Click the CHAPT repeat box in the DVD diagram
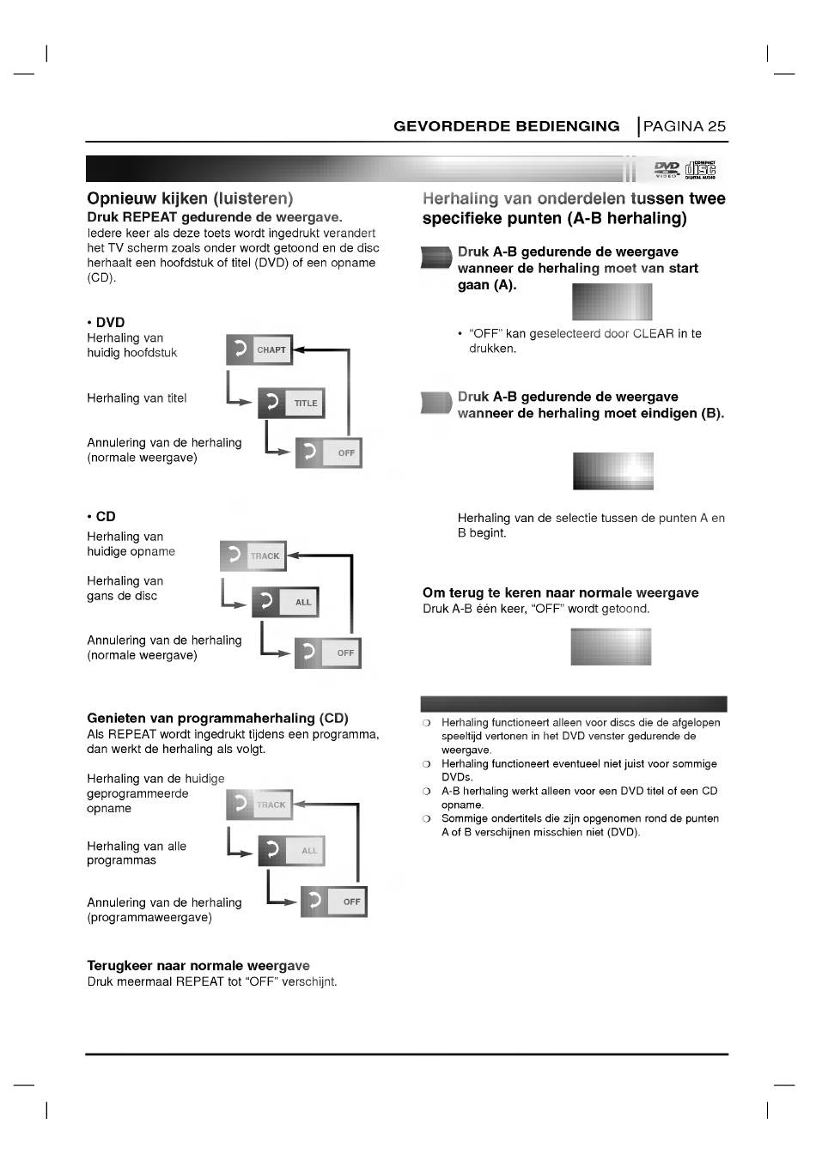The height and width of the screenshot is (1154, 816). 259,350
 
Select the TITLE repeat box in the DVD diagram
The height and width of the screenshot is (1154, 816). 291,403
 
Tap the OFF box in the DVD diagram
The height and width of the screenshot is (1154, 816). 329,452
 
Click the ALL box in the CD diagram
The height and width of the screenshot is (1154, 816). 285,602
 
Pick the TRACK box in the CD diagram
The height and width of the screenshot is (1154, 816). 253,556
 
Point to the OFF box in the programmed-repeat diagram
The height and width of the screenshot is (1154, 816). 334,902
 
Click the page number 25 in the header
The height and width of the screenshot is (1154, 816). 716,126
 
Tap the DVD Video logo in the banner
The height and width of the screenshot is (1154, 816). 667,169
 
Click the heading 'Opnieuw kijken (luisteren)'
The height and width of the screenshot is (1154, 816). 190,199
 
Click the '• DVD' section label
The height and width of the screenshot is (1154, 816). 106,323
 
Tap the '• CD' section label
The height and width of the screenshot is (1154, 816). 101,516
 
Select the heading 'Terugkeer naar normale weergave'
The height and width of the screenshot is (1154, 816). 198,966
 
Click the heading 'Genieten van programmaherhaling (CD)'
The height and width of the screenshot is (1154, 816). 217,718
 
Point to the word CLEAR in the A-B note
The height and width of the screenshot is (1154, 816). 653,334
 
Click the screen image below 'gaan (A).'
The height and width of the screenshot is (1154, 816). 612,301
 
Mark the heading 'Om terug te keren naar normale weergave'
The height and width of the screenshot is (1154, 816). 560,592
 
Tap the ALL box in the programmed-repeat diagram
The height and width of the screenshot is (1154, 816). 291,851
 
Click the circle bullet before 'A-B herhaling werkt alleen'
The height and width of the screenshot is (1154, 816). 426,792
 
